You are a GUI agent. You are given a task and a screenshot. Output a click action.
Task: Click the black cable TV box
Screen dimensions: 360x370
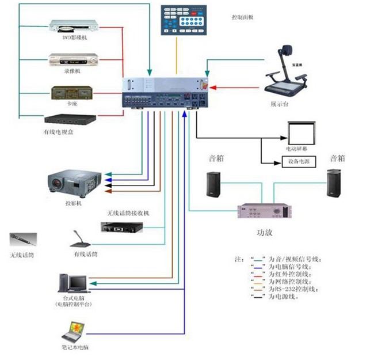click(x=70, y=120)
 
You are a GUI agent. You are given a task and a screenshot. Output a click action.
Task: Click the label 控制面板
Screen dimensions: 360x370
click(x=242, y=17)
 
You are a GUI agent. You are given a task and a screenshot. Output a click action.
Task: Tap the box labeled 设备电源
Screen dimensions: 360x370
click(x=298, y=162)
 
